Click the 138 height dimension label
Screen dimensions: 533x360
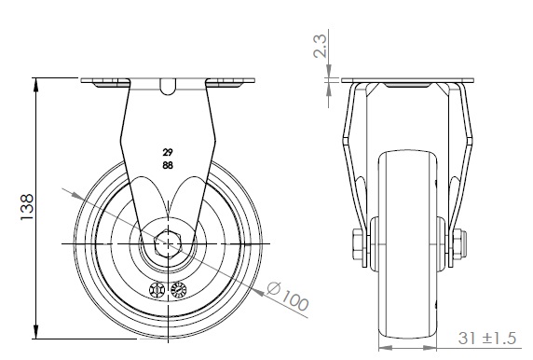pos(27,207)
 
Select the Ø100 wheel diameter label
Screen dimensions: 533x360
pos(288,296)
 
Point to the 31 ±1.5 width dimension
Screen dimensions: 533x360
pos(486,339)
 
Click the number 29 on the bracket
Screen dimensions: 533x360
pos(168,152)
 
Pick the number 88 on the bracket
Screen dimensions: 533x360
pos(168,166)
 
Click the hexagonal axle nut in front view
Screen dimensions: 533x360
pos(168,243)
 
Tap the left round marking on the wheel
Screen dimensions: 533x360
pos(157,290)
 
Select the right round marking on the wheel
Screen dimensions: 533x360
pos(179,290)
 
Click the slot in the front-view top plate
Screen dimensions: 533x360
pos(168,87)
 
